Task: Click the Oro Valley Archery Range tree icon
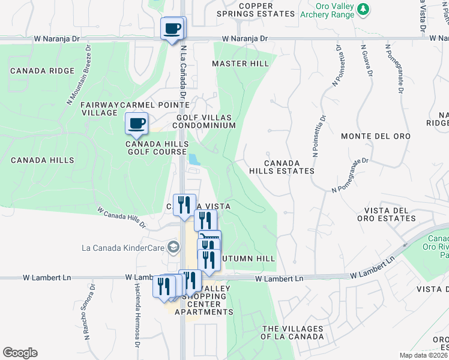[363, 9]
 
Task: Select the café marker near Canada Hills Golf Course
[136, 124]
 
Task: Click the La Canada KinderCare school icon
[173, 247]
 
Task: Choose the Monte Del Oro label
[376, 136]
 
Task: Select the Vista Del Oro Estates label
[390, 214]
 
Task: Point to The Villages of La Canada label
[292, 332]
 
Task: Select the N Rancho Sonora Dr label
[87, 316]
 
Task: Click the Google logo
[20, 353]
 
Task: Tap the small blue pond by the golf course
[194, 159]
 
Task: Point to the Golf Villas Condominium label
[204, 121]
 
